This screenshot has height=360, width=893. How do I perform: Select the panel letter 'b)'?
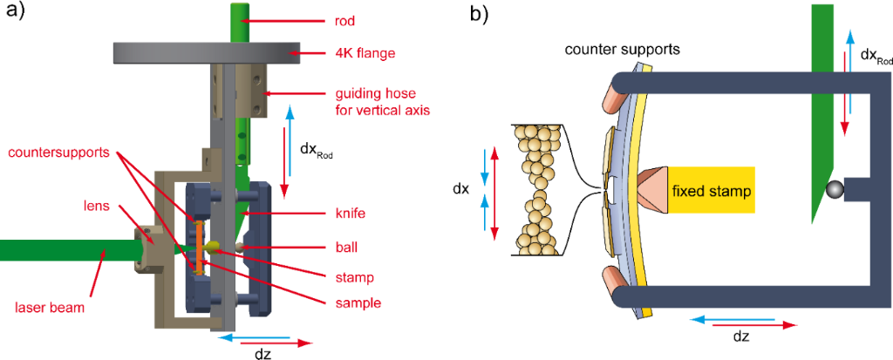479,14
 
